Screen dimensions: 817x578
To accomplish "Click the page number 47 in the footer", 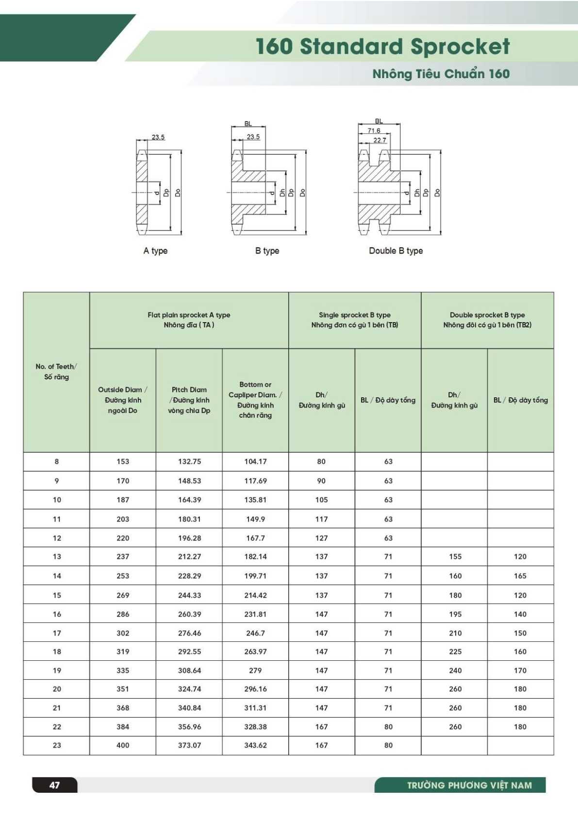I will pyautogui.click(x=55, y=784).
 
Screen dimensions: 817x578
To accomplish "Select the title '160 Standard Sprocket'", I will pyautogui.click(x=382, y=47).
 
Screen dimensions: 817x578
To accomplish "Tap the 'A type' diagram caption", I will pyautogui.click(x=155, y=251).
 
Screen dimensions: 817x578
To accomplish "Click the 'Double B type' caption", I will pyautogui.click(x=396, y=251).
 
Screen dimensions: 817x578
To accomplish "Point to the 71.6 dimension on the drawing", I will pyautogui.click(x=374, y=131).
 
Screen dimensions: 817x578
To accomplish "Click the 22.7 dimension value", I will pyautogui.click(x=380, y=140).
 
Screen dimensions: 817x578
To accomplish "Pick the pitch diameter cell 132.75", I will pyautogui.click(x=189, y=461).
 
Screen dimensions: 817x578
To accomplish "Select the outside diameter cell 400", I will pyautogui.click(x=123, y=745).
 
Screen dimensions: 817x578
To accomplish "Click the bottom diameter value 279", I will pyautogui.click(x=255, y=670).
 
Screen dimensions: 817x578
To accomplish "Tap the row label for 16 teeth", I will pyautogui.click(x=57, y=614).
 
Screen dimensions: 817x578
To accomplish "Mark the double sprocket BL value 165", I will pyautogui.click(x=520, y=576).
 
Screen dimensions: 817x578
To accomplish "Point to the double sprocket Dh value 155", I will pyautogui.click(x=455, y=556).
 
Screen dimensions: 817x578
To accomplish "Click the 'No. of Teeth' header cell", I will pyautogui.click(x=56, y=372).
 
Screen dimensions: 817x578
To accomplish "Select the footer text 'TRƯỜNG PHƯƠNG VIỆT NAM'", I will pyautogui.click(x=469, y=785).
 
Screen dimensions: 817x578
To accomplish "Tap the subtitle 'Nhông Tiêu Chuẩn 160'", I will pyautogui.click(x=441, y=74).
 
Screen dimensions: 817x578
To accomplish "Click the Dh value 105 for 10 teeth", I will pyautogui.click(x=321, y=500).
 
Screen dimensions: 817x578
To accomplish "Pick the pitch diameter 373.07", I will pyautogui.click(x=189, y=745).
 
